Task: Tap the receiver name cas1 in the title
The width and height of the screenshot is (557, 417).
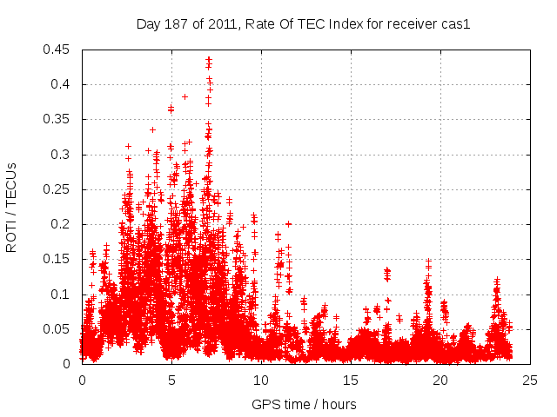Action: coord(454,24)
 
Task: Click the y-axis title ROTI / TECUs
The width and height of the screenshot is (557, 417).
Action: coord(12,206)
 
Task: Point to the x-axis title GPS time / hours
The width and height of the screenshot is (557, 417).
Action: coord(304,404)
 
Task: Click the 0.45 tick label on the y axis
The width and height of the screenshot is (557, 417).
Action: coord(57,50)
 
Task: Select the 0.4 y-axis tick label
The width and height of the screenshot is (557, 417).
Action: coord(61,84)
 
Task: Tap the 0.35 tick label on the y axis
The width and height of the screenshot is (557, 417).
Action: coord(57,119)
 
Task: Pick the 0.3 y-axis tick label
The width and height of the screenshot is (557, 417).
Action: coord(61,155)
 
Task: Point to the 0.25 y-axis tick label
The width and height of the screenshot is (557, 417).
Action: coord(57,189)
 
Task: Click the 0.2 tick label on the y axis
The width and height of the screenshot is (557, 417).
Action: coord(61,224)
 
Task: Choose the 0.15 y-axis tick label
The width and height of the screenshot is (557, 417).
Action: coord(57,259)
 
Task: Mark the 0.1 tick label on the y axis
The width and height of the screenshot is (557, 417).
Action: coord(61,295)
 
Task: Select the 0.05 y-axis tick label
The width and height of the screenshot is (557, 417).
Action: coord(57,329)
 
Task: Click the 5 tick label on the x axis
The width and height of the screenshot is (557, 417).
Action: coord(171,380)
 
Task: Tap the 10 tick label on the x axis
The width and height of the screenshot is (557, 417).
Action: coord(261,380)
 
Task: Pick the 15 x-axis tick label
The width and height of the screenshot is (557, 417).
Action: coord(352,380)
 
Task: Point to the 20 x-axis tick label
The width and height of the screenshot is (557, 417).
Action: coord(441,380)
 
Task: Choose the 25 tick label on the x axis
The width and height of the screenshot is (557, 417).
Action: coord(531,380)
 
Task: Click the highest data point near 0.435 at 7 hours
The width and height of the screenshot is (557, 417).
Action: coord(209,60)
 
